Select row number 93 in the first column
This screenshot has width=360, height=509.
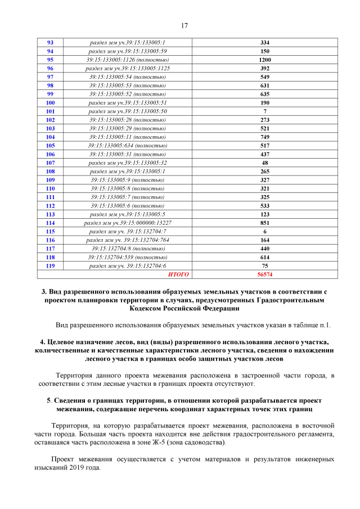coord(50,43)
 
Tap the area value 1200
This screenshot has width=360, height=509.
coord(265,60)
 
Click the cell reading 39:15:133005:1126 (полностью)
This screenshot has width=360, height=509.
coord(127,60)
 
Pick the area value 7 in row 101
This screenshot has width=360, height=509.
coord(265,111)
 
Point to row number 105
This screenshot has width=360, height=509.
coord(50,146)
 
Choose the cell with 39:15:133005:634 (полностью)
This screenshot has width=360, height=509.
coord(127,146)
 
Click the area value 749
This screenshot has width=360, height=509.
coord(265,137)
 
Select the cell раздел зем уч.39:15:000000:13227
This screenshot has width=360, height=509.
coord(127,223)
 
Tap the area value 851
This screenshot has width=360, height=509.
coord(265,223)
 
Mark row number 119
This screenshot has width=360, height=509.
coord(50,266)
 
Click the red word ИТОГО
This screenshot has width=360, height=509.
coord(179,274)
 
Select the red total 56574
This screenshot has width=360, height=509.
coord(265,274)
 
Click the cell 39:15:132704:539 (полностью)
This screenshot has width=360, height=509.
coord(127,257)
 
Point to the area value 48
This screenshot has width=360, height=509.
coord(265,163)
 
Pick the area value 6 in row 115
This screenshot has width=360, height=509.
coord(265,232)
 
